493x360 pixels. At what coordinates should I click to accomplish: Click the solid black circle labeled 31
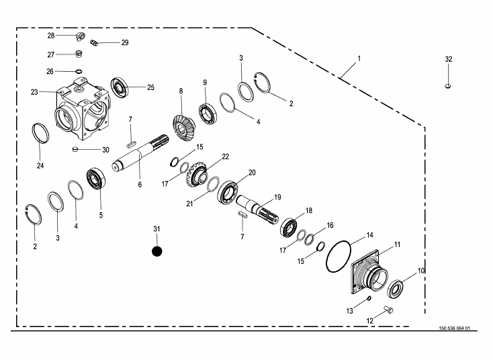(x=157, y=251)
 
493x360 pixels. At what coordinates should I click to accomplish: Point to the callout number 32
(x=448, y=59)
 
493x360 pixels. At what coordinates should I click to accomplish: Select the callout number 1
(x=359, y=58)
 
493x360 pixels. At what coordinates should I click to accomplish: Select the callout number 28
(x=51, y=35)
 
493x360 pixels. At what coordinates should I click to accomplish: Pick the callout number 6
(x=140, y=183)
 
